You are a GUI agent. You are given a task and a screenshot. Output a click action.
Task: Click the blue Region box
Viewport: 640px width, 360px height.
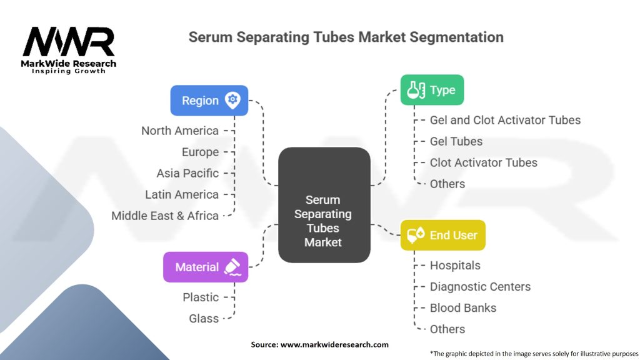[209, 101]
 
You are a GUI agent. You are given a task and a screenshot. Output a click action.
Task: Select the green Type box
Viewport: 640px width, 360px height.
[432, 90]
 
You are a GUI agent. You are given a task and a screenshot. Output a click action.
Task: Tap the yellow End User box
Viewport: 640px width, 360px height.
[443, 235]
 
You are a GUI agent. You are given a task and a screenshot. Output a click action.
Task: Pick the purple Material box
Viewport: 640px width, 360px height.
[206, 267]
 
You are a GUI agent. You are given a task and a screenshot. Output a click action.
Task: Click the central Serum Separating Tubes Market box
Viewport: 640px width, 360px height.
[324, 205]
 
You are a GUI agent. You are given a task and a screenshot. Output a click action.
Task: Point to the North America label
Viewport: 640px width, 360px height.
[180, 131]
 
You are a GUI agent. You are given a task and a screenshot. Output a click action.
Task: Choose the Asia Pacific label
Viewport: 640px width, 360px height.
[187, 173]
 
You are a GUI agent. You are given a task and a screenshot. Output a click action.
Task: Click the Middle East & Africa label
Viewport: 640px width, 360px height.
[165, 216]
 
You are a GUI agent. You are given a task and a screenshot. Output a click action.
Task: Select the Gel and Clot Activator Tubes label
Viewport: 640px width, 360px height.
[505, 120]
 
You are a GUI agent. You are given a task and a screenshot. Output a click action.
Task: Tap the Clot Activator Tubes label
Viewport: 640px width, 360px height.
[484, 162]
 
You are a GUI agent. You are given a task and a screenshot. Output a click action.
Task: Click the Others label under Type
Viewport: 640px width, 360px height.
[447, 184]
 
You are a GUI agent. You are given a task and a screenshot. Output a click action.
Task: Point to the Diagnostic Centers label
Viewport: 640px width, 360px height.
[481, 286]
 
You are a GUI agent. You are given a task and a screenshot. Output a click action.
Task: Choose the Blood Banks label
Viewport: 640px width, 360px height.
[463, 307]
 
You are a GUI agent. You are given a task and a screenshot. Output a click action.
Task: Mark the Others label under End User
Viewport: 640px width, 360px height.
[447, 329]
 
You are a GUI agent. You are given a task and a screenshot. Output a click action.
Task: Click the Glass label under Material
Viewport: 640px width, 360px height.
[204, 318]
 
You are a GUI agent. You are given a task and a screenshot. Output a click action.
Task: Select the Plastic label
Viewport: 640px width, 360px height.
[201, 297]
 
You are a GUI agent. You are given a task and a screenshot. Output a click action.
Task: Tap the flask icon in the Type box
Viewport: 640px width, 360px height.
[416, 90]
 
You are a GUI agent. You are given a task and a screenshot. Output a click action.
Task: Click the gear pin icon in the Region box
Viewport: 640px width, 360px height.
[232, 101]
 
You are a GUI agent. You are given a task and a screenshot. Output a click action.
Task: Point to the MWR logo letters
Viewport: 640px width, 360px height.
[69, 41]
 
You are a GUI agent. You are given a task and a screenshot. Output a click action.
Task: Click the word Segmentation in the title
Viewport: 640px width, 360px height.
[456, 37]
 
